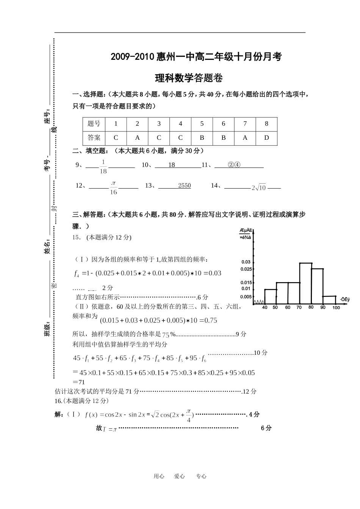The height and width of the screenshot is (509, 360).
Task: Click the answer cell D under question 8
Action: [266, 138]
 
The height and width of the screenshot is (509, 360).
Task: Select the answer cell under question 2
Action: [137, 138]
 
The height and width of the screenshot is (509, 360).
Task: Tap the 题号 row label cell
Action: [94, 124]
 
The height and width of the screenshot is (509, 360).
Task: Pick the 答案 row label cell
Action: [94, 138]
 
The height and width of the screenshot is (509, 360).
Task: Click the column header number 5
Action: [202, 124]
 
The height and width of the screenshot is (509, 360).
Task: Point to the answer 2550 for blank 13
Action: [185, 186]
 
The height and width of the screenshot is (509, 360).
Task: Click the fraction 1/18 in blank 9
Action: [103, 166]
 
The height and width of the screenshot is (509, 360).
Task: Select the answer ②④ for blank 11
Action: [234, 165]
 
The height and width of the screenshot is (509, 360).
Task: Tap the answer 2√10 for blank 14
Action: [259, 187]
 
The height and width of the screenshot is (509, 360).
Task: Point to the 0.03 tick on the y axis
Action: [246, 262]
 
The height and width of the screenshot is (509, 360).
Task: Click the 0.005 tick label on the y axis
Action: [246, 297]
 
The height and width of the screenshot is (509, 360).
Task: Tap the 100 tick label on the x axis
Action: [336, 308]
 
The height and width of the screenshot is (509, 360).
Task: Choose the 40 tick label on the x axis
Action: [265, 308]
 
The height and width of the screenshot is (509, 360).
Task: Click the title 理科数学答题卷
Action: [189, 78]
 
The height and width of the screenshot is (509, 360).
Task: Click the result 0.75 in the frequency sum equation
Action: [211, 320]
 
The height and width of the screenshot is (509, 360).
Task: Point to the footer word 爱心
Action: [180, 476]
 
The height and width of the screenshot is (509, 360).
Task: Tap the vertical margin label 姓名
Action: [47, 247]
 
